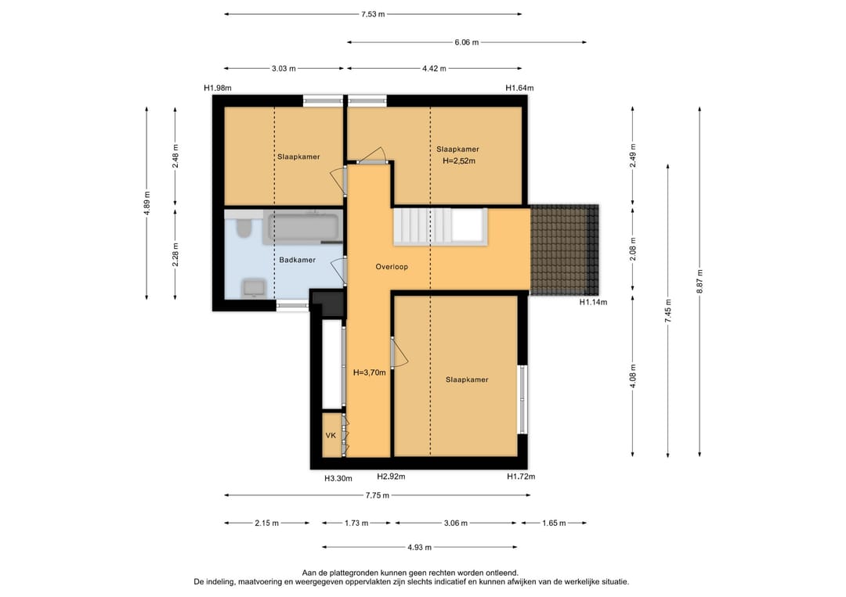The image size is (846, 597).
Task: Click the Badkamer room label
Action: (298, 260)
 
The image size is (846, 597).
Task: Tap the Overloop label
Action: (392, 267)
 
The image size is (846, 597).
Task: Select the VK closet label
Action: (331, 435)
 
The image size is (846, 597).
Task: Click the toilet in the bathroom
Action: (244, 228)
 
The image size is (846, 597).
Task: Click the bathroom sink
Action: (254, 288)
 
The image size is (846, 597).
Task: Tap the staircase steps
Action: (422, 227)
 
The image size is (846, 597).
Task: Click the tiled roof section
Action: (564, 250)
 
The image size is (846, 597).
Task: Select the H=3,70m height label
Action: (370, 372)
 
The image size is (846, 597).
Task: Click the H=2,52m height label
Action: (459, 160)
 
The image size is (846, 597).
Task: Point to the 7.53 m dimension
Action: (373, 14)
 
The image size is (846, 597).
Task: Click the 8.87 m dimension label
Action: (700, 281)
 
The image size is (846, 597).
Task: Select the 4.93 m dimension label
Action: (419, 548)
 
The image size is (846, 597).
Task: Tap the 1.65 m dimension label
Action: (554, 523)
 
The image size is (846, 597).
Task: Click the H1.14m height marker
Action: (594, 302)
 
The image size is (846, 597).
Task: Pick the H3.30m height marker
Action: (338, 478)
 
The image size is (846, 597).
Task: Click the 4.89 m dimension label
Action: (146, 203)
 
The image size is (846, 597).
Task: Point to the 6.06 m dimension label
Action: (467, 42)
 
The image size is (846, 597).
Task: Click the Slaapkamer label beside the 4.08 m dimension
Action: (467, 379)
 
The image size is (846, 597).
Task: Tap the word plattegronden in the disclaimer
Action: (351, 574)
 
